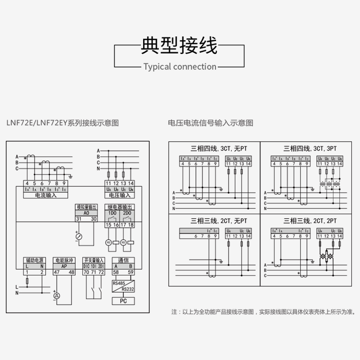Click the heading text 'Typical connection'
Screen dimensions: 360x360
(180, 67)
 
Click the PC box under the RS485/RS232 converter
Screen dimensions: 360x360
(123, 301)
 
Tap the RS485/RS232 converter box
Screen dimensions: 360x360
(123, 286)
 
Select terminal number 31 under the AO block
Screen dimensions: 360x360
(78, 219)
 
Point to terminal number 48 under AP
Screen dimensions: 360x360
(71, 272)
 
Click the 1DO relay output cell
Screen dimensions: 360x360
(112, 213)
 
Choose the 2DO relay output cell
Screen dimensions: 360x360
(127, 213)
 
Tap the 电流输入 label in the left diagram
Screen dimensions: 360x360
(45, 195)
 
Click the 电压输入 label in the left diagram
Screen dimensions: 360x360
(119, 195)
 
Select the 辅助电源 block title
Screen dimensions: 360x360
(36, 260)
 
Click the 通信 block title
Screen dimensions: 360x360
(123, 260)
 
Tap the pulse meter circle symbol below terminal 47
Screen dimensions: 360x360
(57, 296)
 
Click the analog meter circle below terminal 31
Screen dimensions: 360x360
(78, 236)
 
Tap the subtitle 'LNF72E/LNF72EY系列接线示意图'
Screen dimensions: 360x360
(63, 122)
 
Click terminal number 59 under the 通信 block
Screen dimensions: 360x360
(130, 272)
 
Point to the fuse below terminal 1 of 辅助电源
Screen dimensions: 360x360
(27, 281)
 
